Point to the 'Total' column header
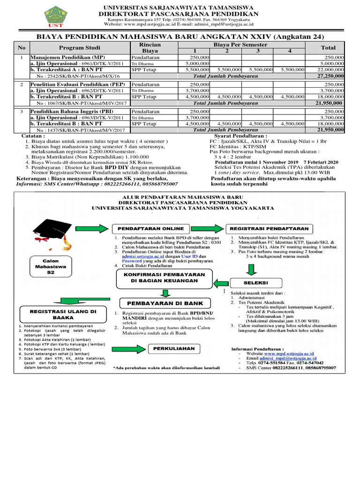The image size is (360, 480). click(x=328, y=47)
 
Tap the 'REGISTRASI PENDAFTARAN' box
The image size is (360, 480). click(x=269, y=228)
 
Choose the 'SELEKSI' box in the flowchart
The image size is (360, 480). click(x=255, y=283)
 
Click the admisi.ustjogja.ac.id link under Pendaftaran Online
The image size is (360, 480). click(x=142, y=257)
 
